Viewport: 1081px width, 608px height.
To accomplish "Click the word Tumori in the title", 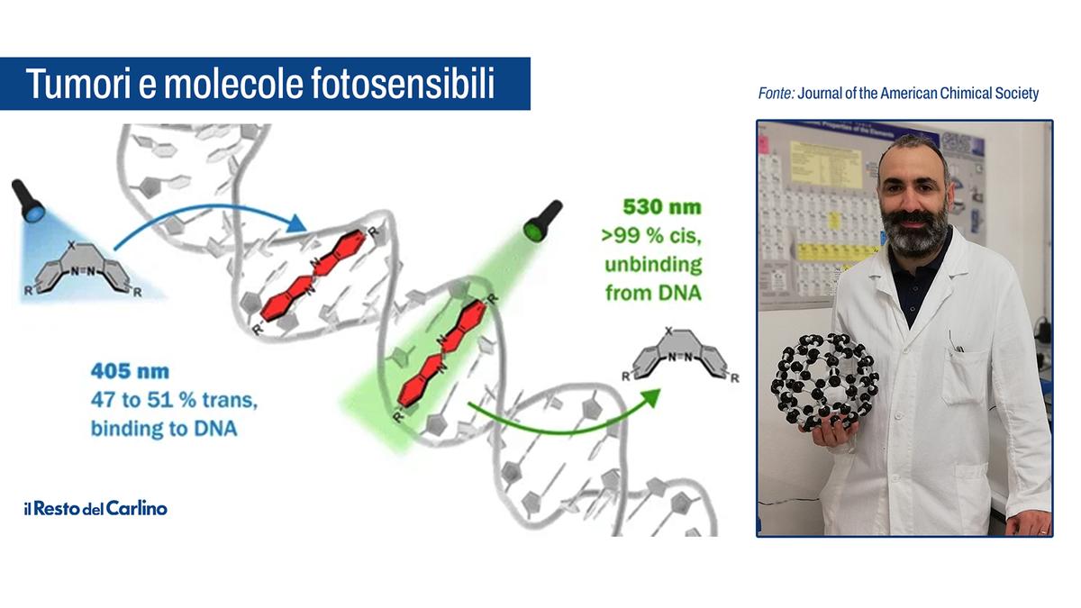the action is click(77, 84).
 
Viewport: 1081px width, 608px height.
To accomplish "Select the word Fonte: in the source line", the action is click(776, 93).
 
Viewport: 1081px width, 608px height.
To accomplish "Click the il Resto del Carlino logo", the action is click(95, 509).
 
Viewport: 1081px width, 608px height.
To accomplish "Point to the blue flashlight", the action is click(28, 200).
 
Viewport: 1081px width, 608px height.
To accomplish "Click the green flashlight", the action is click(543, 220).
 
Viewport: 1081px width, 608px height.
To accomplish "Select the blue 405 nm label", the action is click(130, 371).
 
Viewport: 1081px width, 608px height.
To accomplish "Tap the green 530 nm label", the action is click(661, 207).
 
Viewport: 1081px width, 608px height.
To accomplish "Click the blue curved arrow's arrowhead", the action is click(295, 223).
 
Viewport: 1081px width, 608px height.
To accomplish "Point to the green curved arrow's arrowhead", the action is click(651, 396).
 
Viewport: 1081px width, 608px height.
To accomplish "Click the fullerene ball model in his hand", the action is click(823, 381).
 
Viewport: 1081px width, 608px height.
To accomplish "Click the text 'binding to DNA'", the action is click(164, 429).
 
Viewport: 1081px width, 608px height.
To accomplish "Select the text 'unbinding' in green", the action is click(653, 265).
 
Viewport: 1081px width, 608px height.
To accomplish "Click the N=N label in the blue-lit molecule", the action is click(83, 271).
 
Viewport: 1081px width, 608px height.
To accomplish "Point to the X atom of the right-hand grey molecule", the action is click(668, 331).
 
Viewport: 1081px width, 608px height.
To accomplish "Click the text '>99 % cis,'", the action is click(651, 235).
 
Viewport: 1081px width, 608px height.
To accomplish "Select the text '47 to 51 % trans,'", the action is click(174, 400).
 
